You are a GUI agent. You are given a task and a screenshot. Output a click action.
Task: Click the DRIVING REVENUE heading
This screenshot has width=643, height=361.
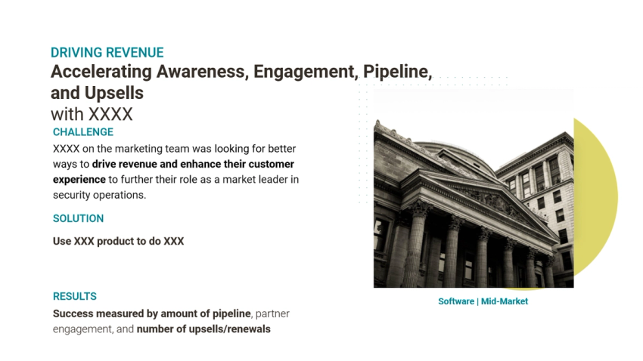(107, 53)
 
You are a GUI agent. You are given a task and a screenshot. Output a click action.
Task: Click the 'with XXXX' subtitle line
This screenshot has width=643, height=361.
(92, 115)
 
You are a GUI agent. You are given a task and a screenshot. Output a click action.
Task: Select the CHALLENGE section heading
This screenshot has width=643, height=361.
(83, 132)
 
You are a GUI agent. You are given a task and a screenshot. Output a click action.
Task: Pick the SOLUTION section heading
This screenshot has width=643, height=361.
(78, 218)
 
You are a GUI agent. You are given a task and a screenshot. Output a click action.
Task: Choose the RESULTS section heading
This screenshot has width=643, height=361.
(75, 296)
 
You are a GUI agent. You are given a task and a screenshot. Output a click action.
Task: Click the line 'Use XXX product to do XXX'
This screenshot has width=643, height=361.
(118, 242)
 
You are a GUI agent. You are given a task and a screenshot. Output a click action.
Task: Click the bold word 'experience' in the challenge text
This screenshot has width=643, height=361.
(79, 180)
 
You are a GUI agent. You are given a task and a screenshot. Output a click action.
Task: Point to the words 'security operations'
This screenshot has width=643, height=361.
(98, 195)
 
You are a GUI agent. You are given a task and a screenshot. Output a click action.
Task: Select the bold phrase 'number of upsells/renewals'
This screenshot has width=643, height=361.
(203, 329)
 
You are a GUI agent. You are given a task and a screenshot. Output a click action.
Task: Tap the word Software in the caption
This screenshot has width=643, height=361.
(456, 301)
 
